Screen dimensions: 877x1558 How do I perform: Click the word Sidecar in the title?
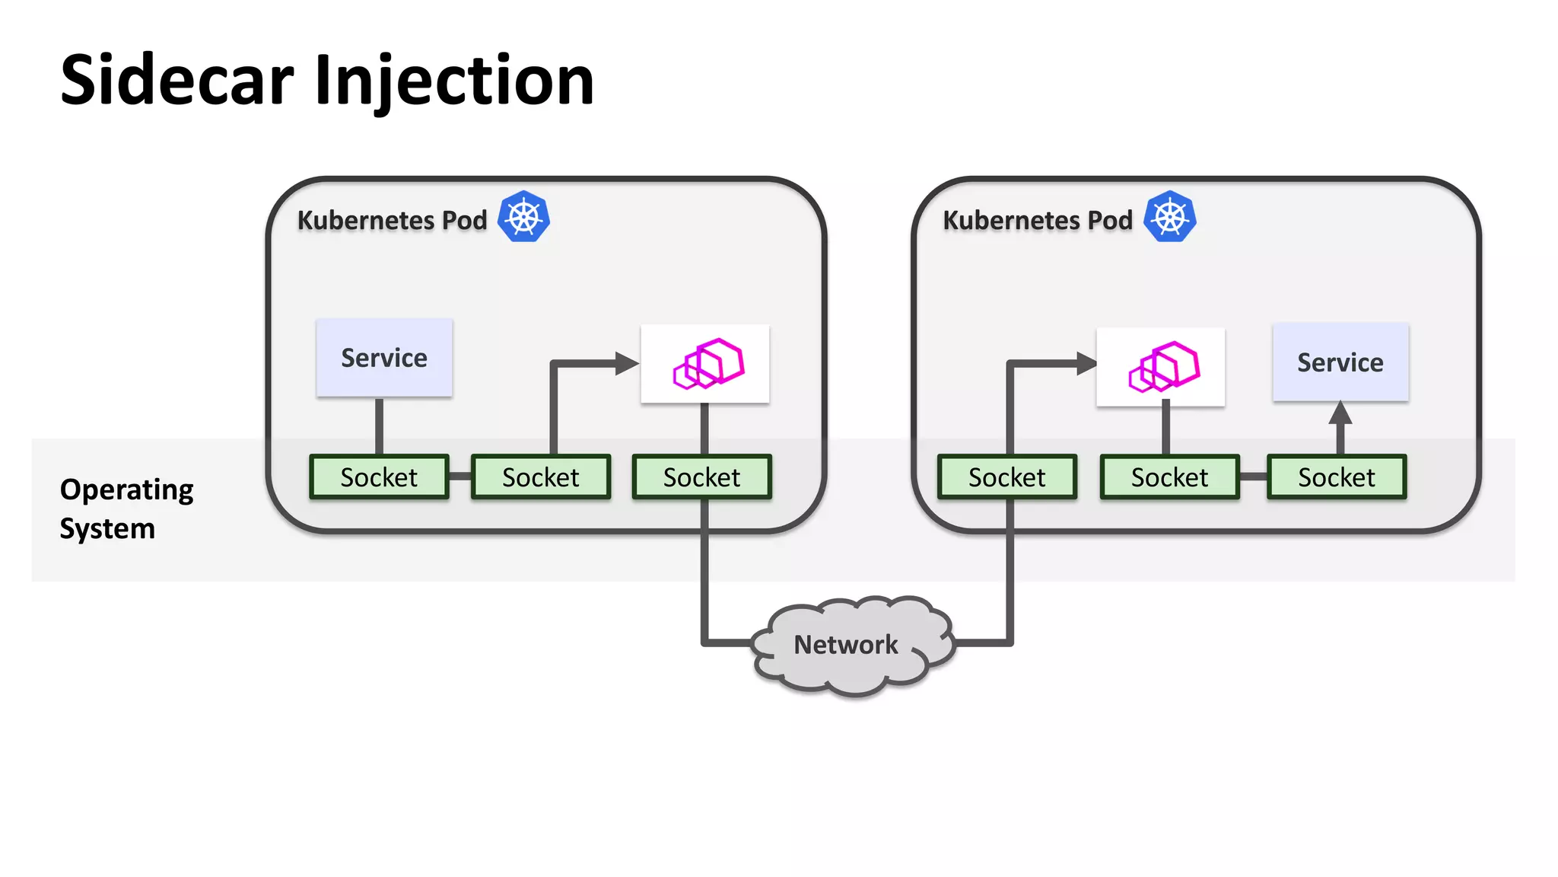176,81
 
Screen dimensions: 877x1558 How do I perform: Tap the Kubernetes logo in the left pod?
523,217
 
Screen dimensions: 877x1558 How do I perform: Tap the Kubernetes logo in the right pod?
1169,217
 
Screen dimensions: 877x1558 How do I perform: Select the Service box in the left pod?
384,358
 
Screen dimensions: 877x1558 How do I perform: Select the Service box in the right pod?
1340,362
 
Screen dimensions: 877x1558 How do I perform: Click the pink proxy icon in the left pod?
707,364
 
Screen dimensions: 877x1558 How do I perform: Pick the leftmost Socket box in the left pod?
379,477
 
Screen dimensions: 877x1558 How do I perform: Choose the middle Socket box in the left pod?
541,477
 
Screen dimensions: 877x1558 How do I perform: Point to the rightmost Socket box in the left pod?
701,477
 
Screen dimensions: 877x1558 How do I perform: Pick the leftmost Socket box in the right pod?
1006,477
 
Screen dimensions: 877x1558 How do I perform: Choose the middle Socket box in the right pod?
1169,477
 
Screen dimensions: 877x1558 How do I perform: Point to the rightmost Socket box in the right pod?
1337,477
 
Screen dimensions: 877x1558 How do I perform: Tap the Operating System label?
126,509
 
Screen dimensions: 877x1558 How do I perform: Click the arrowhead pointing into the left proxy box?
627,364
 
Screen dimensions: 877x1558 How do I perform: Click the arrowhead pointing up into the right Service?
1340,414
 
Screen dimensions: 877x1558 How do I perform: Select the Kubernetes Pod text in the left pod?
392,220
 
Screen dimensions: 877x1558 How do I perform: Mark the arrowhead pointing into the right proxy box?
1086,364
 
